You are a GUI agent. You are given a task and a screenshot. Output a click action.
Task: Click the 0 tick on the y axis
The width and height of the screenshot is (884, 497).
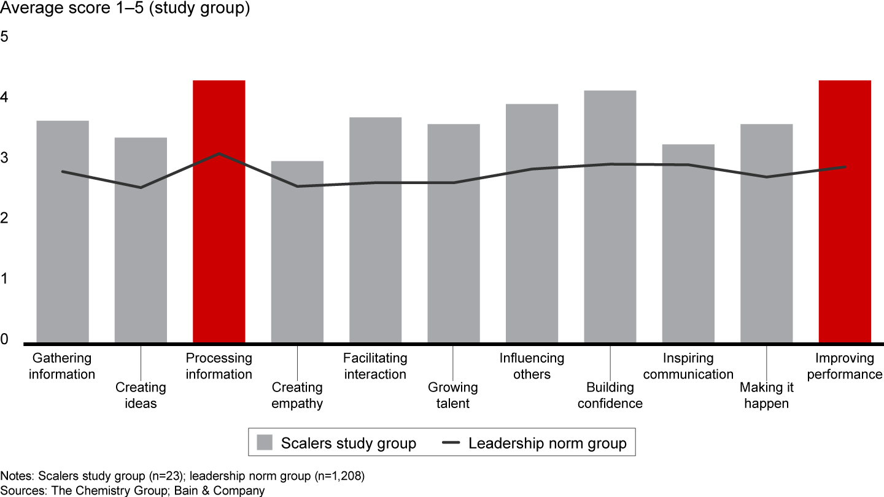pyautogui.click(x=5, y=339)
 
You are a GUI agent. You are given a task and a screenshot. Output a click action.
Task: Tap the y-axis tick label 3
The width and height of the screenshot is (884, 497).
pyautogui.click(x=5, y=158)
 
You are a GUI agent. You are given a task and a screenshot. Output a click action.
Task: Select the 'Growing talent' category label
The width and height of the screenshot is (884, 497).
pyautogui.click(x=452, y=395)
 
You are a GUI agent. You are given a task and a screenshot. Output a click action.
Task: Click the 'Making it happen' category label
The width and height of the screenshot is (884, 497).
pyautogui.click(x=766, y=395)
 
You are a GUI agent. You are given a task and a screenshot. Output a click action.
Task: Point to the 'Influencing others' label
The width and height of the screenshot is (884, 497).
pyautogui.click(x=532, y=366)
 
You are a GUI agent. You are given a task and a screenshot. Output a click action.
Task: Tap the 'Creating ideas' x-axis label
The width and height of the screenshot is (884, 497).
pyautogui.click(x=141, y=395)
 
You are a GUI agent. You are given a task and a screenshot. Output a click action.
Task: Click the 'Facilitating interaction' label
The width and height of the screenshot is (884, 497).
pyautogui.click(x=375, y=366)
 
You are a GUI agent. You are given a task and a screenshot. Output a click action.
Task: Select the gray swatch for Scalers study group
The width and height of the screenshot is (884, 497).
pyautogui.click(x=265, y=443)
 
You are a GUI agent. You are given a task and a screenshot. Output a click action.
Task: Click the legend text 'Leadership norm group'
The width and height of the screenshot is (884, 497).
pyautogui.click(x=548, y=443)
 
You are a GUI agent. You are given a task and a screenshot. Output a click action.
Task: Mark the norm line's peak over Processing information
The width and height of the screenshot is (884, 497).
pyautogui.click(x=219, y=153)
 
